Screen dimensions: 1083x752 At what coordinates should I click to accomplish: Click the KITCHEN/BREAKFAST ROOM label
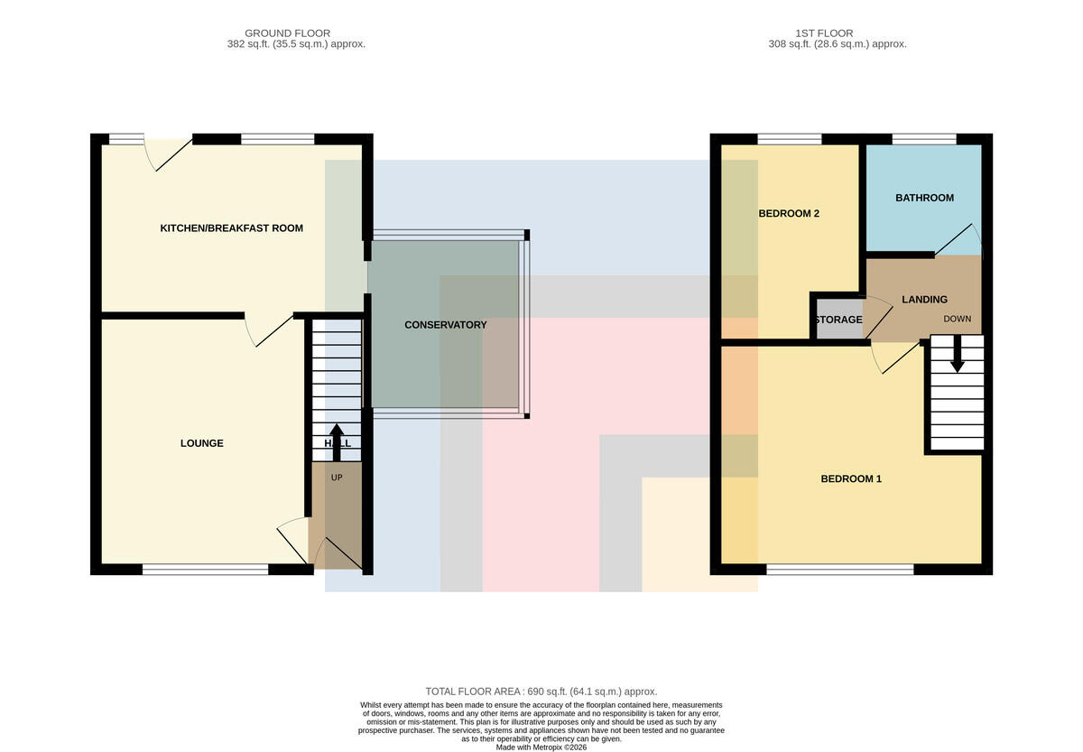(232, 228)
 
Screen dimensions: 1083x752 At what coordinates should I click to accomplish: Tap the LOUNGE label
(201, 443)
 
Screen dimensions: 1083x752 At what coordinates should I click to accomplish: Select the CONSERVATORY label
(445, 325)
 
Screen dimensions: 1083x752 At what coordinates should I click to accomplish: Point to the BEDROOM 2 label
(789, 213)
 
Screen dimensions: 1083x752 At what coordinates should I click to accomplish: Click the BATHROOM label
(924, 198)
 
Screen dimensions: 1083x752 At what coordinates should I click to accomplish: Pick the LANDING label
(924, 300)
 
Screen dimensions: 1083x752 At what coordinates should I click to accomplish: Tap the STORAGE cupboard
(838, 320)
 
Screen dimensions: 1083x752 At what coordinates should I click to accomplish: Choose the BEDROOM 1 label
(851, 478)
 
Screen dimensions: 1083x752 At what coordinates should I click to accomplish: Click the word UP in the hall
(337, 478)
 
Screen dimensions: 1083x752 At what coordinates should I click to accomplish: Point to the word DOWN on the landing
(958, 320)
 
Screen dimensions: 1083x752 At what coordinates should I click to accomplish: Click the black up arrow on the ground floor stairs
(337, 442)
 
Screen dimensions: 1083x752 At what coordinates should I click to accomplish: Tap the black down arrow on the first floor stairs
(958, 354)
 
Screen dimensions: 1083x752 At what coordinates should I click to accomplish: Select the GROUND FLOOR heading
(287, 33)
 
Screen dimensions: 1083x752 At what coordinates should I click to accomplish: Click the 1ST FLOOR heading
(824, 33)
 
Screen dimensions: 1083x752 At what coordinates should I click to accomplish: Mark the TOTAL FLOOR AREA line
(541, 692)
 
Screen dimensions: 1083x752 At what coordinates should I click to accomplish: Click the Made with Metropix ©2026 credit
(541, 747)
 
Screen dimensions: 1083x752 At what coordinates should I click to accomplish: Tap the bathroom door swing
(958, 239)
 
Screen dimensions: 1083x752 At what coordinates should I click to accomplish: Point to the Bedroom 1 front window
(840, 570)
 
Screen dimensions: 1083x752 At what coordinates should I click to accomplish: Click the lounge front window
(205, 570)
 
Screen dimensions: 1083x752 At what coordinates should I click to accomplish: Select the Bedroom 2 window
(789, 139)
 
